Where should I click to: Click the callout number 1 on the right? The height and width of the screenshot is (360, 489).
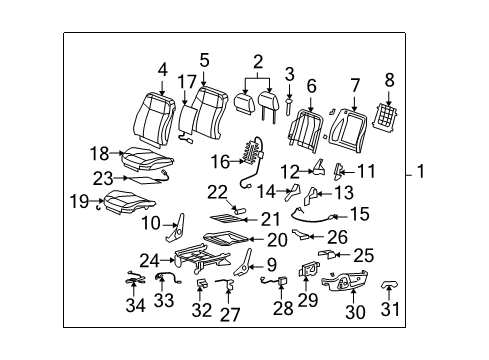click(x=450, y=173)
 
